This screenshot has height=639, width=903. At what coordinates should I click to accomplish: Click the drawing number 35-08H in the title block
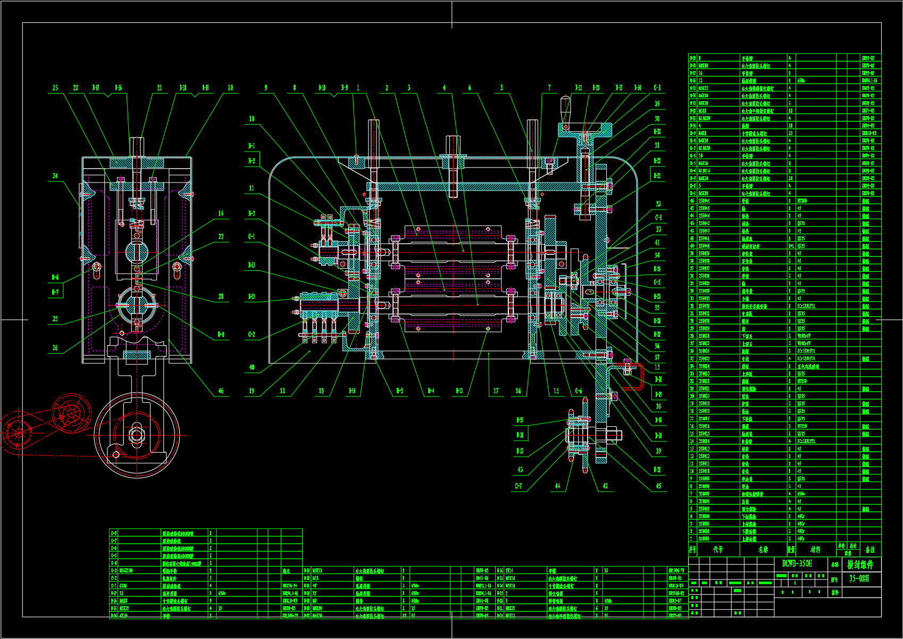pos(859,578)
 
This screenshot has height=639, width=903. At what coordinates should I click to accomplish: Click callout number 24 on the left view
pos(55,176)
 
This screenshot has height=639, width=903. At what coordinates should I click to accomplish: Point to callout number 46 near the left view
pos(221,391)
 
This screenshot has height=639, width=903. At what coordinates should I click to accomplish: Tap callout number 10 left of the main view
pos(252,119)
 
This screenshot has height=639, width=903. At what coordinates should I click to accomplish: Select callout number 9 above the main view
pos(266,88)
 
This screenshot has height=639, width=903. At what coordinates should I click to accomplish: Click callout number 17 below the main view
pos(496,391)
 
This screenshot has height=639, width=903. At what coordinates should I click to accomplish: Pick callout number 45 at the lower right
pos(658,486)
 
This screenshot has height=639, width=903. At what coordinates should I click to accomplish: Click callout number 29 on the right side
pos(657,104)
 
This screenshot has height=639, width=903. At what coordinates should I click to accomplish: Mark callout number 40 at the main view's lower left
pos(252,368)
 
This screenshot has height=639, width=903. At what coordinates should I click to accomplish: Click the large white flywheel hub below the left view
pos(137,436)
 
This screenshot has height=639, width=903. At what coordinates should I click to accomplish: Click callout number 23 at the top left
pos(55,88)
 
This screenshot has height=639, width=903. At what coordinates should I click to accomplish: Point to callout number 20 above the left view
pos(230,88)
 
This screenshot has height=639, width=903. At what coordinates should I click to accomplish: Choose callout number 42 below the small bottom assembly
pos(605,486)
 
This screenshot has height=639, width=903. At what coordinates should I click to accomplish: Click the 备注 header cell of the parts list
pos(869,550)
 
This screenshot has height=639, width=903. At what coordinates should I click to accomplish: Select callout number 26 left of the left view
pos(55,347)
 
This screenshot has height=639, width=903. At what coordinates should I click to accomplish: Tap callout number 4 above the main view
pos(445,88)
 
